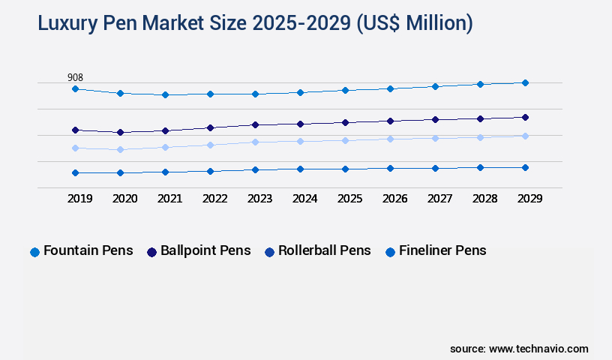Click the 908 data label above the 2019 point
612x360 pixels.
tap(75, 77)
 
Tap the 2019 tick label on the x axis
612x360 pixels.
tap(79, 199)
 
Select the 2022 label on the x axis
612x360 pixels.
tap(214, 199)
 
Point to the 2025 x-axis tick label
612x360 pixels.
tap(349, 199)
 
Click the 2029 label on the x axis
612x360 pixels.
tap(529, 199)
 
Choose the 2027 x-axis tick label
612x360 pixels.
tap(439, 199)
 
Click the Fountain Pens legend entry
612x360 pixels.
tap(81, 251)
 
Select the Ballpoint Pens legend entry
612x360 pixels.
tap(198, 251)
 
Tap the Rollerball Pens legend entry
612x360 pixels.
tap(316, 251)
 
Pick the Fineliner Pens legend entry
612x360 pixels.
tap(435, 251)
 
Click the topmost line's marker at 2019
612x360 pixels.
tap(75, 88)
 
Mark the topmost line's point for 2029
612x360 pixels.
tap(525, 82)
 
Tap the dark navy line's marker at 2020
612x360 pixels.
tap(120, 132)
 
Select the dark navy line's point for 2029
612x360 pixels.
tap(525, 117)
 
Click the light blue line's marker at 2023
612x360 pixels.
tap(255, 142)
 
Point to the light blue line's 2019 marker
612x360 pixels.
tap(75, 148)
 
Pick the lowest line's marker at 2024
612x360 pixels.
tap(300, 169)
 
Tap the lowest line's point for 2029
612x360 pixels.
tap(525, 167)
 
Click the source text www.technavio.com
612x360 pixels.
tap(538, 349)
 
